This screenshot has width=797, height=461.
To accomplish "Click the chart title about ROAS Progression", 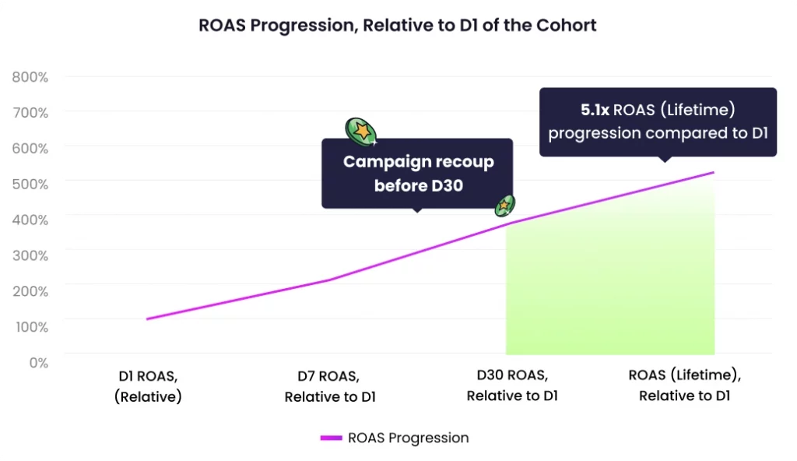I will click(398, 25).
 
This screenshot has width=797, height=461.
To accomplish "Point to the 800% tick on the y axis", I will click(30, 77).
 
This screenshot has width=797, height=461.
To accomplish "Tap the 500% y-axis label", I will click(30, 183).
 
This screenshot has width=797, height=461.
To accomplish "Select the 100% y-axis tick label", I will click(30, 326).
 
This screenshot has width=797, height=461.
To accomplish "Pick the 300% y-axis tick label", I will click(30, 255).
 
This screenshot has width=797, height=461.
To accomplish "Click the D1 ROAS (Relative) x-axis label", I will click(147, 386).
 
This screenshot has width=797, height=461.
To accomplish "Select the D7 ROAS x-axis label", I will click(330, 386).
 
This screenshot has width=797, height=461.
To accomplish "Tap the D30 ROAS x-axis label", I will click(512, 385).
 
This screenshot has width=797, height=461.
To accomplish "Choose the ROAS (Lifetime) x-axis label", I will click(684, 385).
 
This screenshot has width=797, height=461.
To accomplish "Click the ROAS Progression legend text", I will click(409, 438).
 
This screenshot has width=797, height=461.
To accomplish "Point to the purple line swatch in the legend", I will click(332, 438).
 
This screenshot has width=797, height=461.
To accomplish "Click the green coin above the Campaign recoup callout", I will click(361, 132).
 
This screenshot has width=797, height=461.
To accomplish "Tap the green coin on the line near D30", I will click(505, 205).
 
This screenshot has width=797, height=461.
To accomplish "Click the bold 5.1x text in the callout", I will click(594, 110).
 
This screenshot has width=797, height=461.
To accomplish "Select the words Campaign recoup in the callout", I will click(418, 162).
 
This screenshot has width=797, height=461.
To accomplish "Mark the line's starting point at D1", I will click(147, 318).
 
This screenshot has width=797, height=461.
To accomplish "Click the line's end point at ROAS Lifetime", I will click(712, 173).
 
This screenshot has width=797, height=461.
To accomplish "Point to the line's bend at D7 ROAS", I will click(330, 280).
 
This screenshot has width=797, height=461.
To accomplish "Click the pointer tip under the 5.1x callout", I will click(663, 160).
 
